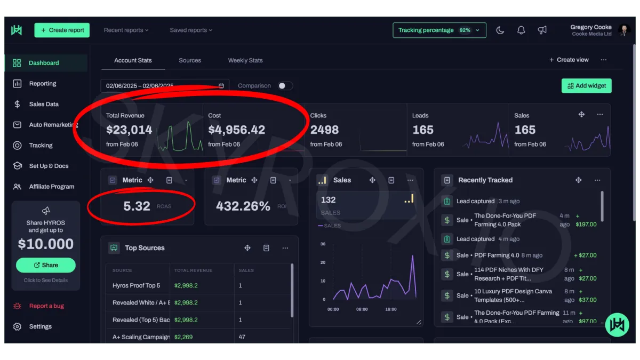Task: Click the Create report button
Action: coord(62,30)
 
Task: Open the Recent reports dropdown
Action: coord(126,30)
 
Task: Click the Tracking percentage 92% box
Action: coord(439,30)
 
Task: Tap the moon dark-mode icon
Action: coord(500,30)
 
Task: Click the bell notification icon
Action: coord(521,30)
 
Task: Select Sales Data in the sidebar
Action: coord(44,104)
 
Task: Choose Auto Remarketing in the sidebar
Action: coord(53,125)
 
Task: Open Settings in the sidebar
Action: coord(40,326)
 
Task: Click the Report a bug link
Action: coord(46,306)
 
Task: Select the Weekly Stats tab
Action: coord(245,60)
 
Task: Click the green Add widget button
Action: coord(586,86)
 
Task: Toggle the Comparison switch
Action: coord(285,86)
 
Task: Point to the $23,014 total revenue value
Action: coord(129,130)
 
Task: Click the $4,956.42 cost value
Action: coord(236,130)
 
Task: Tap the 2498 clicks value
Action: coord(324,130)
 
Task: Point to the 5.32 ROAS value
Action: coord(137,206)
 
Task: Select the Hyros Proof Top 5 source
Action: coord(137,285)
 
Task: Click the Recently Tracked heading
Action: coord(485,180)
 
